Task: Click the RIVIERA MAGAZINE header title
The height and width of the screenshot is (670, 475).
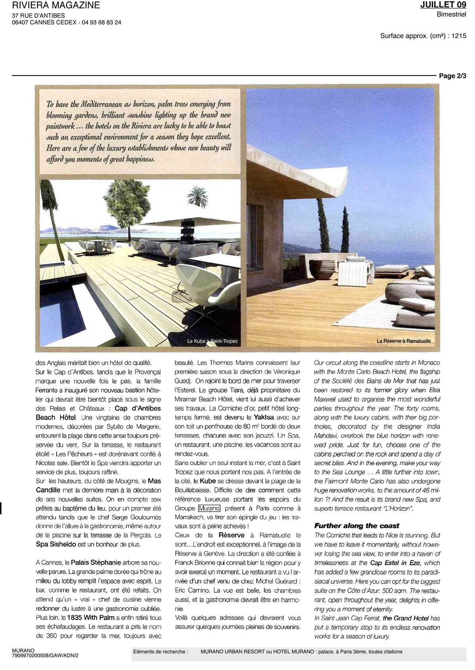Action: click(56, 6)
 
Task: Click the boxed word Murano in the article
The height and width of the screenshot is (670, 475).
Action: click(209, 509)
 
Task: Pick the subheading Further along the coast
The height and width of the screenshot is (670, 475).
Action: click(357, 526)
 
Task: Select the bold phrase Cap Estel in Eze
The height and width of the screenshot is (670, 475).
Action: click(396, 563)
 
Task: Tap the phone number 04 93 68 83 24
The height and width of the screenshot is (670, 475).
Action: click(101, 23)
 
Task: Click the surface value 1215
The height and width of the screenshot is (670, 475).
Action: click(459, 36)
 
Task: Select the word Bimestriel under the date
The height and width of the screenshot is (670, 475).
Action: click(452, 15)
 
